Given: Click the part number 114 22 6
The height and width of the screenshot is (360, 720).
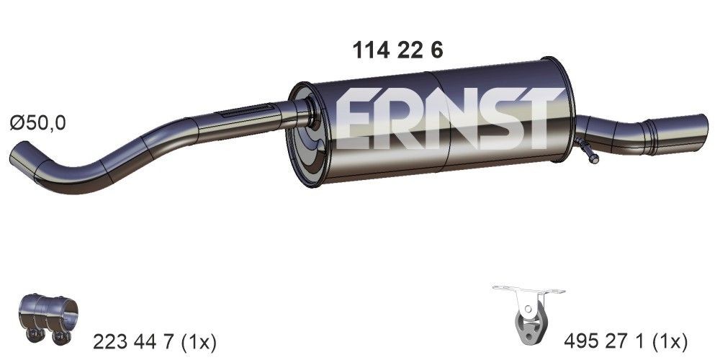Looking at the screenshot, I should (397, 50).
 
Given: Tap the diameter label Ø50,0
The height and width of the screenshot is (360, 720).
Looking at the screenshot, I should (37, 123).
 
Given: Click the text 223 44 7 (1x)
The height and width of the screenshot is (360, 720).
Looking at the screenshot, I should (155, 340).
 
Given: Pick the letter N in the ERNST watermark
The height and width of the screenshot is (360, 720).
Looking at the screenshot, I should (442, 120).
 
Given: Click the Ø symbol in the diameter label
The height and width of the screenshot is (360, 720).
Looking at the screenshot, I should (18, 123).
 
